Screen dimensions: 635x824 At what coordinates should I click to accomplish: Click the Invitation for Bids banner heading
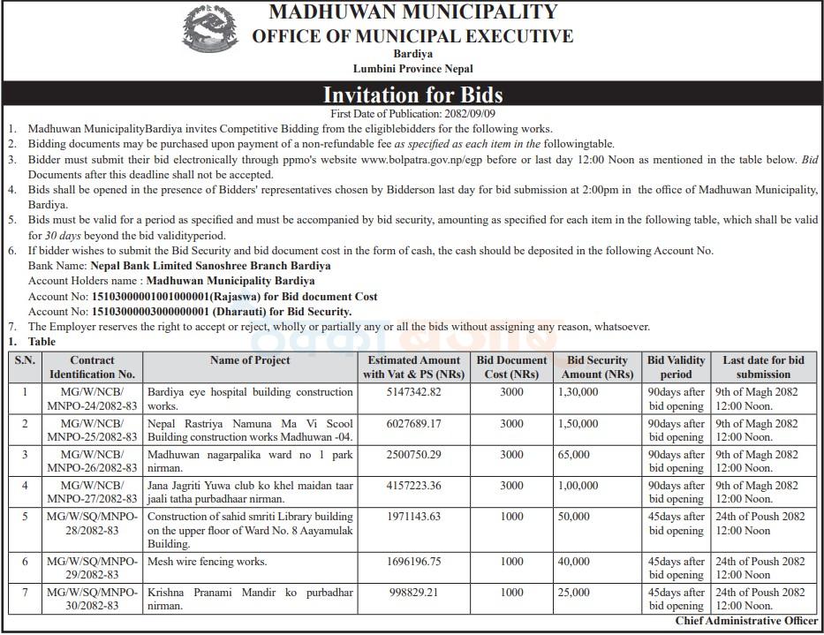pyautogui.click(x=412, y=94)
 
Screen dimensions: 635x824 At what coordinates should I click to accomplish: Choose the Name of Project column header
pyautogui.click(x=250, y=360)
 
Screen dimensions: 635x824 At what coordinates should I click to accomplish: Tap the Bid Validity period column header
pyautogui.click(x=676, y=367)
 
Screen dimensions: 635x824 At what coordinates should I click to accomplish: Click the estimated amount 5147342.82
pyautogui.click(x=413, y=391)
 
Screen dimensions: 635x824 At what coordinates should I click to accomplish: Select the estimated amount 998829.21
pyautogui.click(x=413, y=593)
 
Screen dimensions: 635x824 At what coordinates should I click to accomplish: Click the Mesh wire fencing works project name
pyautogui.click(x=207, y=562)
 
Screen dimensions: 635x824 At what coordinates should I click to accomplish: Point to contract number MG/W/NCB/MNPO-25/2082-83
pyautogui.click(x=92, y=430)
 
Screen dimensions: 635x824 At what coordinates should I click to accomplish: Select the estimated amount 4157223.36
pyautogui.click(x=413, y=486)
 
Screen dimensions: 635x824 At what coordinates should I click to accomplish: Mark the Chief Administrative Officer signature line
pyautogui.click(x=746, y=622)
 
